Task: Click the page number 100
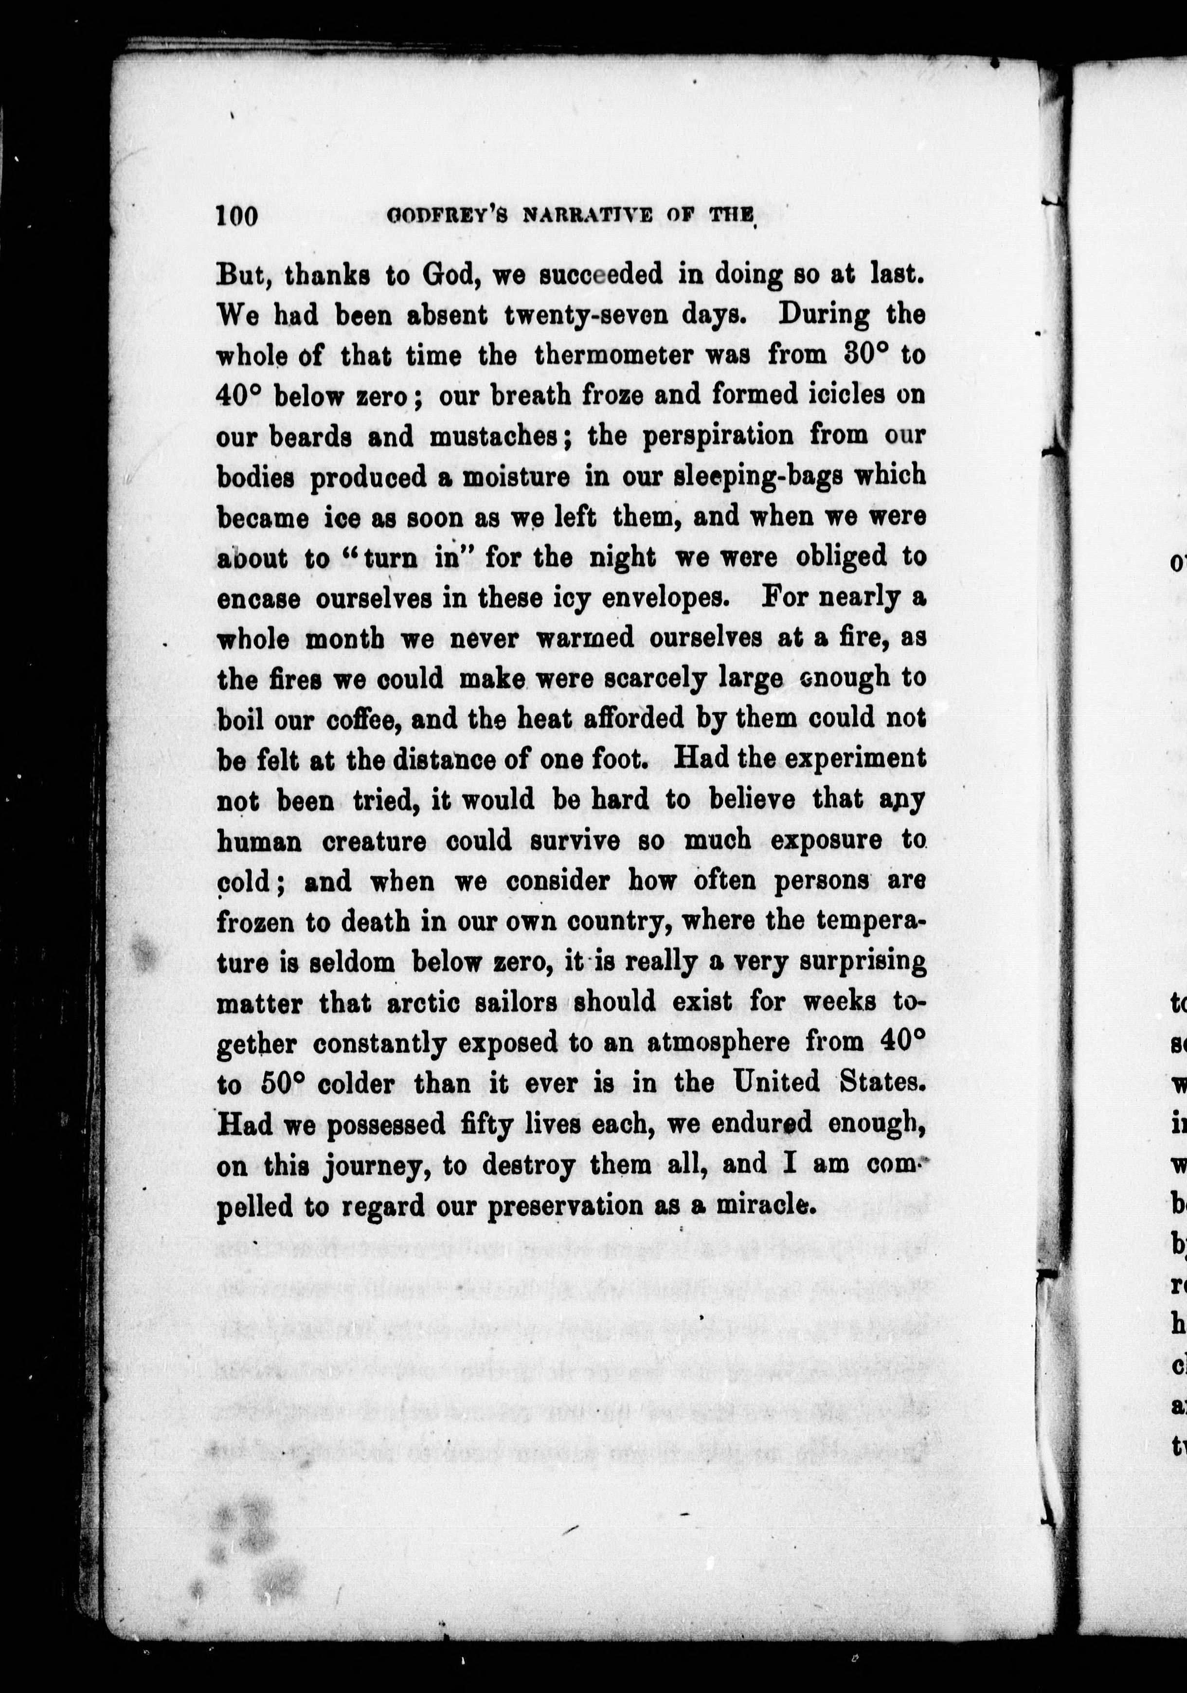(x=236, y=217)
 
